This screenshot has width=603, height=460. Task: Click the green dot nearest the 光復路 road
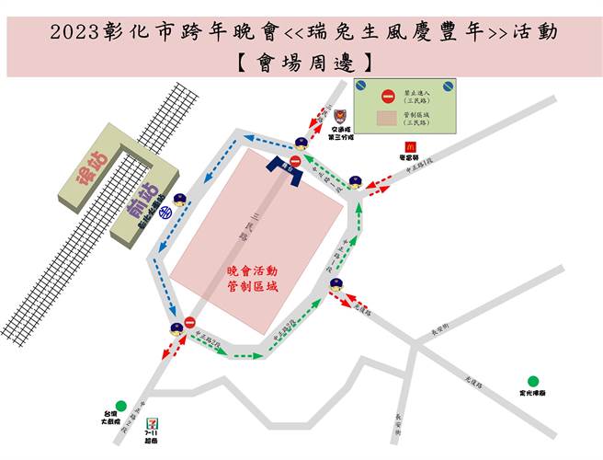click(532, 380)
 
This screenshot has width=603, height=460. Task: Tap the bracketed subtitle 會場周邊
click(301, 63)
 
